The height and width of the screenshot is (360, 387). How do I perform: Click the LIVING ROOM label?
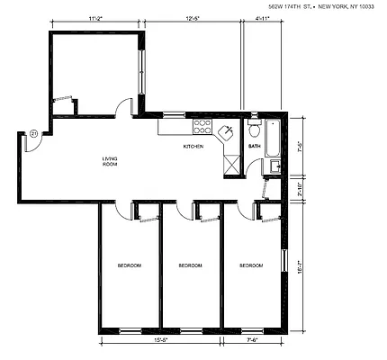pyautogui.click(x=110, y=162)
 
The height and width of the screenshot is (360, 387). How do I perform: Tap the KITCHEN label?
pyautogui.click(x=193, y=146)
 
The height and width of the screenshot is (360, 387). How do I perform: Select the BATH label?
pyautogui.click(x=254, y=146)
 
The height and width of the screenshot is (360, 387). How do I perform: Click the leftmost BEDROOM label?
pyautogui.click(x=130, y=265)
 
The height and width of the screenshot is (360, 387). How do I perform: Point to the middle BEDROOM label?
pyautogui.click(x=190, y=265)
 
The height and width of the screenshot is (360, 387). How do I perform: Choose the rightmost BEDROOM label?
pyautogui.click(x=251, y=265)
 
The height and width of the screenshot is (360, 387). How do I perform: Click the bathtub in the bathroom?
pyautogui.click(x=273, y=139)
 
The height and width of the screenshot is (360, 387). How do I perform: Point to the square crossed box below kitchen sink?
pyautogui.click(x=230, y=164)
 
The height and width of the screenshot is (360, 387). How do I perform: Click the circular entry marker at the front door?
pyautogui.click(x=34, y=134)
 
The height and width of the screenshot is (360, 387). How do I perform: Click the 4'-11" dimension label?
pyautogui.click(x=264, y=16)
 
